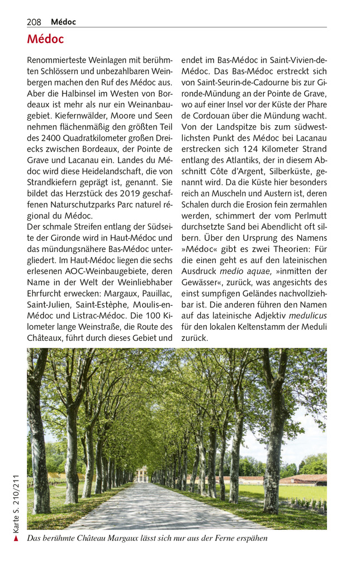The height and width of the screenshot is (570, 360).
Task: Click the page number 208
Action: coord(34,22)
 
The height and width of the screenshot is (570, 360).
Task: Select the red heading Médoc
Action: coord(45,40)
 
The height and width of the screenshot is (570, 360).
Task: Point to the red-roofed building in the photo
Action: coord(305,479)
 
